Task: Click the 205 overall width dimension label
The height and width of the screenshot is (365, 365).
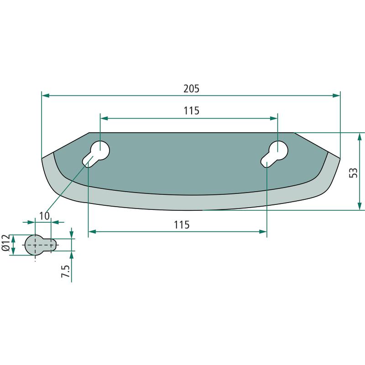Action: tap(191, 89)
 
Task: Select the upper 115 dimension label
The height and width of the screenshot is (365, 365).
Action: tap(191, 111)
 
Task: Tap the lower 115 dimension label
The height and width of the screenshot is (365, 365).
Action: tap(182, 225)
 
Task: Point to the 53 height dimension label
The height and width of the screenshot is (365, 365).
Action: tap(353, 173)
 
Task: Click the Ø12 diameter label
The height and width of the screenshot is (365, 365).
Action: tap(6, 243)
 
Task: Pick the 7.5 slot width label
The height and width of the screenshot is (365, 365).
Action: tap(65, 271)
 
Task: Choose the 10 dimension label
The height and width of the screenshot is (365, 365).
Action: tap(44, 216)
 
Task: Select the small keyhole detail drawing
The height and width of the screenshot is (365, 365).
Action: tap(41, 245)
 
